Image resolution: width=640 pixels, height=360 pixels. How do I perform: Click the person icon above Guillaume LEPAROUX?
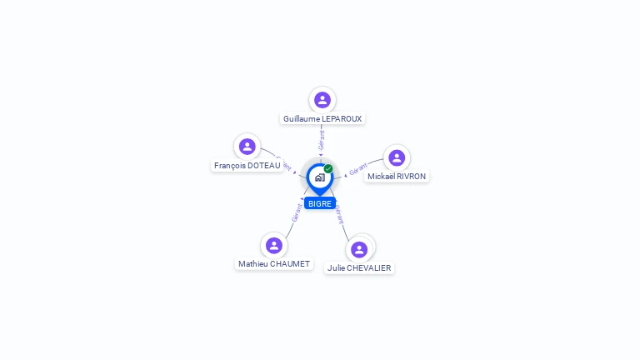[322, 100]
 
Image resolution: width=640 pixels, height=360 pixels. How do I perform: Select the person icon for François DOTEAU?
[247, 147]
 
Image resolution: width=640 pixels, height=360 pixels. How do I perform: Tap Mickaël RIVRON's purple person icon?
[397, 157]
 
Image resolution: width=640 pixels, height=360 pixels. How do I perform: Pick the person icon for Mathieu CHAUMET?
[274, 245]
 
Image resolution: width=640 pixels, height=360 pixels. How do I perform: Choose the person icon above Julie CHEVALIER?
[359, 249]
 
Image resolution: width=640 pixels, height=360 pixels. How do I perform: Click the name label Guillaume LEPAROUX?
[322, 119]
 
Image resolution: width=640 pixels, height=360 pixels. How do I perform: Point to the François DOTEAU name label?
[247, 166]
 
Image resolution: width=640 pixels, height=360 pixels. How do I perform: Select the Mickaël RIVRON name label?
[397, 177]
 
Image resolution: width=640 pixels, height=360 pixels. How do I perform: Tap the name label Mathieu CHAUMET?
[274, 264]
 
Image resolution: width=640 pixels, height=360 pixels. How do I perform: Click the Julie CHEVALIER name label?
[359, 268]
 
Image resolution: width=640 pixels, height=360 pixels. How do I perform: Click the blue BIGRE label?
[319, 203]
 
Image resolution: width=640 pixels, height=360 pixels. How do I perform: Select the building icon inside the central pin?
[319, 177]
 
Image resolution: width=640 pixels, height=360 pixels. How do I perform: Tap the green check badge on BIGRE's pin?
[328, 169]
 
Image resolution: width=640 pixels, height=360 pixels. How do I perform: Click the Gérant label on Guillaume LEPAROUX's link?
[322, 139]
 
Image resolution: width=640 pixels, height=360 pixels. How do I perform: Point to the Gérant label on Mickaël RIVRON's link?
[358, 170]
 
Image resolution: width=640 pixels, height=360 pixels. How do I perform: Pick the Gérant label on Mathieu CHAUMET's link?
[297, 212]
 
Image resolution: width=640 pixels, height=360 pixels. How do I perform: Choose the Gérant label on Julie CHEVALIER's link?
[338, 215]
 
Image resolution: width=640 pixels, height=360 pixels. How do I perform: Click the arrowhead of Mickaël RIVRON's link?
[345, 176]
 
